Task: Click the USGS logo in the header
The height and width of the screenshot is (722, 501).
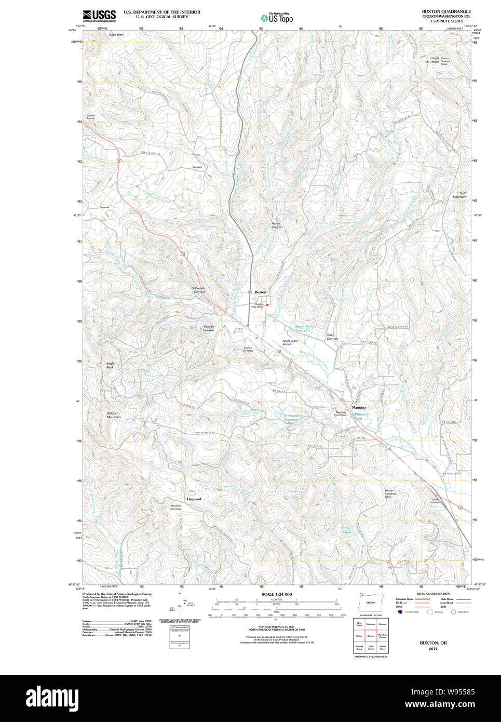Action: (x=99, y=15)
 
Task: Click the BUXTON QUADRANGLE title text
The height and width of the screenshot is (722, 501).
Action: (x=446, y=11)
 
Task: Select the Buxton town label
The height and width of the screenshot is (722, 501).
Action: (x=260, y=292)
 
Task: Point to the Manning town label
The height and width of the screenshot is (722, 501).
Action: (x=359, y=408)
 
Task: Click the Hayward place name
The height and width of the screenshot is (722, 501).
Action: (x=194, y=499)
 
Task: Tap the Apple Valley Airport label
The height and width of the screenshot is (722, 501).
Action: (x=290, y=342)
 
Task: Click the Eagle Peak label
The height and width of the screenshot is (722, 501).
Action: (x=110, y=365)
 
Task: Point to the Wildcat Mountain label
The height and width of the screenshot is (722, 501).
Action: (x=114, y=416)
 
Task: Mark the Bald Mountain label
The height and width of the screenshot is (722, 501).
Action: (x=459, y=195)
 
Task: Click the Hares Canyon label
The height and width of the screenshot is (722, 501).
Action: (x=277, y=225)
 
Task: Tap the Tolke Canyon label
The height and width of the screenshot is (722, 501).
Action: (x=332, y=337)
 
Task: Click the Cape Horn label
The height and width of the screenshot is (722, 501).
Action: (x=116, y=35)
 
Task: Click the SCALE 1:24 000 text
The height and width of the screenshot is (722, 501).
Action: (x=277, y=594)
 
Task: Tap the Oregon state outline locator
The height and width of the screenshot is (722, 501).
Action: (x=371, y=602)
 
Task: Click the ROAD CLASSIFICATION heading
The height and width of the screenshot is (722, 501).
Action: (x=433, y=594)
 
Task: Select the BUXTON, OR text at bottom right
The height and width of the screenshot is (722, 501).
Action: (x=433, y=643)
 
